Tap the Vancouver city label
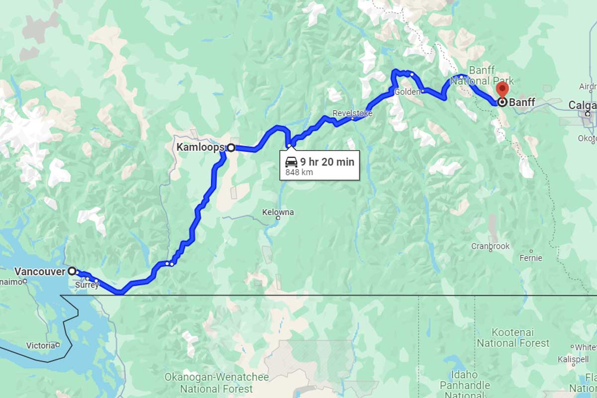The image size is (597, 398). tap(40, 272)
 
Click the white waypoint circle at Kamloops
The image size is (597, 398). tap(231, 147)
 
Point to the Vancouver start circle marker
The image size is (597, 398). tap(72, 271)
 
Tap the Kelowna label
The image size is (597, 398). tap(278, 212)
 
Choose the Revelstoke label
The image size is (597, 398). tap(352, 113)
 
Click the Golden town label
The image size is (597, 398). tap(404, 93)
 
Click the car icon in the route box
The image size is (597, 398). tap(291, 162)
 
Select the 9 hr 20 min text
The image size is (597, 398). tap(327, 162)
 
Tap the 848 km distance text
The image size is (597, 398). tap(299, 173)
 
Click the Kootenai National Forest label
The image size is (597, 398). tap(513, 337)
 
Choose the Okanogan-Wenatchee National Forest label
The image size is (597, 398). tap(216, 383)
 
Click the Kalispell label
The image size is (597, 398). tap(566, 359)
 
